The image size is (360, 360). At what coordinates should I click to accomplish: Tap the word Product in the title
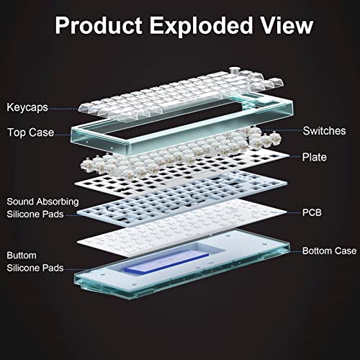click(99, 25)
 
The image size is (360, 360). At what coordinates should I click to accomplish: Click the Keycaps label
click(27, 107)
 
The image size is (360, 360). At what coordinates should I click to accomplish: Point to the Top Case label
click(31, 132)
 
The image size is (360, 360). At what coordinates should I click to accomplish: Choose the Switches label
click(324, 131)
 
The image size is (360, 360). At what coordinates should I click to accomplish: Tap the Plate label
click(315, 157)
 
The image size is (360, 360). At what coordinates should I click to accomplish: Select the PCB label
click(312, 212)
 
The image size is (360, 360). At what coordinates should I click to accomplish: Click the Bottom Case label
click(330, 251)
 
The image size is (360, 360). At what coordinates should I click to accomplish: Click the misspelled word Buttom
click(22, 256)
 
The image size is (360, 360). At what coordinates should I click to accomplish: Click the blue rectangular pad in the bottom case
click(166, 262)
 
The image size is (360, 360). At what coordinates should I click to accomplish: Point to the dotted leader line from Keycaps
click(64, 109)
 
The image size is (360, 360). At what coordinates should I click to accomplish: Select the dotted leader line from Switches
click(282, 130)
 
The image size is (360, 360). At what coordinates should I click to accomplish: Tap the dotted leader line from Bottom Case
click(295, 251)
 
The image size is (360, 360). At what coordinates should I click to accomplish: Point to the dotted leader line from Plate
click(294, 157)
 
